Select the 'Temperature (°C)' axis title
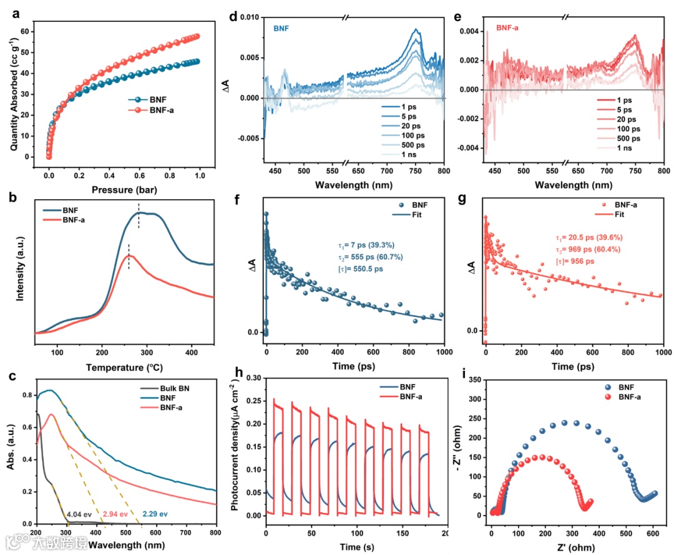click(125, 368)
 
